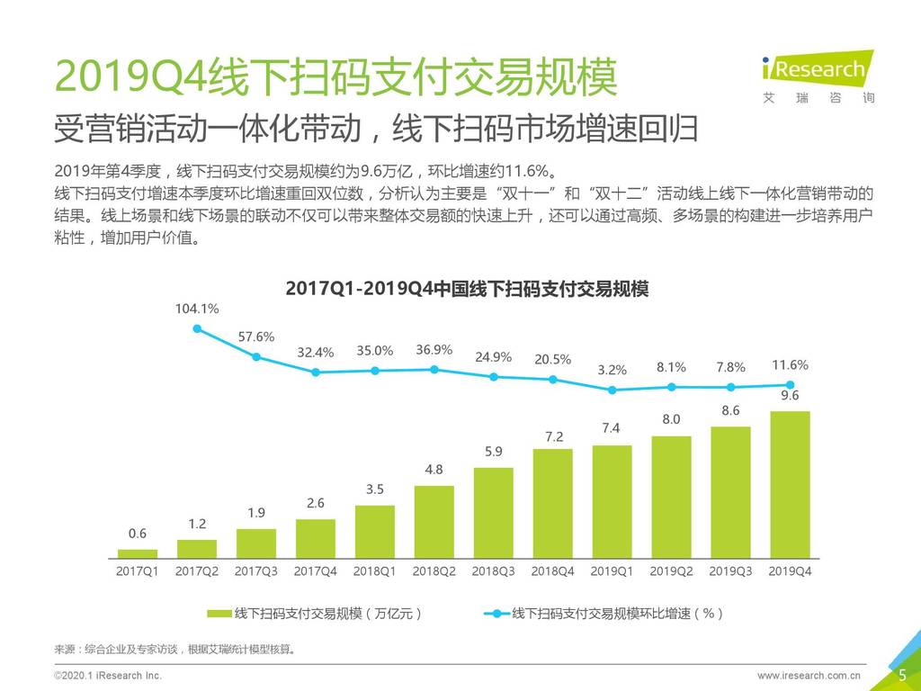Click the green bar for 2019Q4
pos(790,485)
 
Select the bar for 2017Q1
pos(138,553)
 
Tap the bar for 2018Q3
pos(493,513)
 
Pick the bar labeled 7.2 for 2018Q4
pos(552,503)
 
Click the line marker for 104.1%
pos(197,328)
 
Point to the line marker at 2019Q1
pos(612,390)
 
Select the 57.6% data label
pos(256,337)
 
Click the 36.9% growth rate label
pos(434,349)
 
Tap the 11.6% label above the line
pos(790,365)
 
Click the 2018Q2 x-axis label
pos(434,570)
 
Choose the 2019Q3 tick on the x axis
pos(730,570)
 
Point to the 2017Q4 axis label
pos(316,570)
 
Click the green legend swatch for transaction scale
pos(219,614)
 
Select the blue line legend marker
pos(496,614)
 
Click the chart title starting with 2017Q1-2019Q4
pos(466,289)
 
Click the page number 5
pos(902,675)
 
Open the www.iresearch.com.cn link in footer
pos(809,675)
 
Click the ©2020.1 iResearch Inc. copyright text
pos(108,675)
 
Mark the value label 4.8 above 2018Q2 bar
pos(434,470)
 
